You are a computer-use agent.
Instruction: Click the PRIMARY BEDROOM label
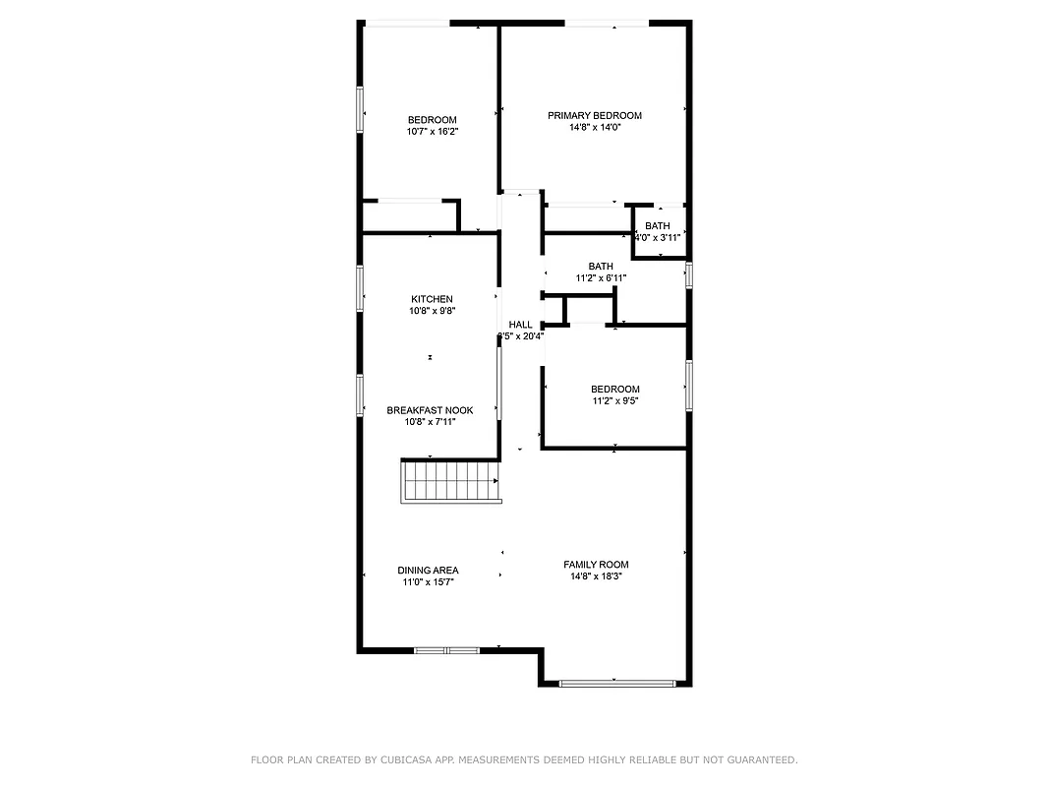point(594,115)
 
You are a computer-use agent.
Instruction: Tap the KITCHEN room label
point(432,299)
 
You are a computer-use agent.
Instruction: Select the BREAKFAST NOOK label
point(430,410)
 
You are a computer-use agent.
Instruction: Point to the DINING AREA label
point(428,571)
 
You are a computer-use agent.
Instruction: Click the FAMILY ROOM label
point(596,565)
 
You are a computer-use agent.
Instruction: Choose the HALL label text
point(520,325)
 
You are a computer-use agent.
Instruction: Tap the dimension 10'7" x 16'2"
point(433,131)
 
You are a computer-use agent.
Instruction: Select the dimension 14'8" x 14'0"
point(594,127)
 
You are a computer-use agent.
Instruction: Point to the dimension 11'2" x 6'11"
point(601,278)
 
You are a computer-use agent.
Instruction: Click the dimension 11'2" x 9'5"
point(615,401)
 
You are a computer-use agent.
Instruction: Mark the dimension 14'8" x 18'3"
point(596,576)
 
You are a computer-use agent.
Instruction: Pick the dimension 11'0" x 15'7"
point(428,582)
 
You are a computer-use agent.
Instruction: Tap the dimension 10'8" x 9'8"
point(432,311)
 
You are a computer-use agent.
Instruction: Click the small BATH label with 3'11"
point(658,226)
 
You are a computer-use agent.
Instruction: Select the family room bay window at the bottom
point(616,683)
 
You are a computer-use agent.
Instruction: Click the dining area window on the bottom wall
point(446,650)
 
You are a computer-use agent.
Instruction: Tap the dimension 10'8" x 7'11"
point(430,422)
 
